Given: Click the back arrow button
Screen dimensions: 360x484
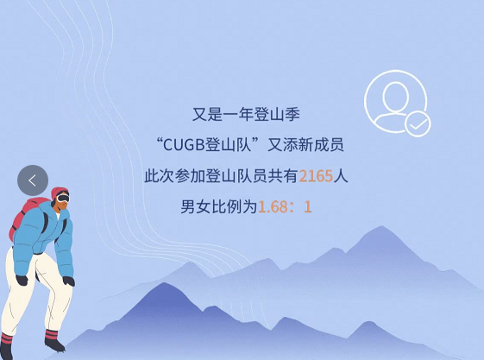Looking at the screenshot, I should click(x=33, y=180).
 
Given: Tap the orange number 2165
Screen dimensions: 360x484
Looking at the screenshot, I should click(x=316, y=176).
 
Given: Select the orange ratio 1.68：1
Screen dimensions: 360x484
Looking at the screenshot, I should click(x=285, y=207).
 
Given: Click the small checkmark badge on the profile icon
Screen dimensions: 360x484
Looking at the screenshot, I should click(x=418, y=124).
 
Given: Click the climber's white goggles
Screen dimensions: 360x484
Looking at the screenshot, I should click(x=63, y=199).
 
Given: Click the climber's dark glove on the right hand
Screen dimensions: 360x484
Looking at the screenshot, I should click(x=68, y=281).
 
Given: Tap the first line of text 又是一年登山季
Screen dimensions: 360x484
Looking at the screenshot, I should click(x=246, y=113).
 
